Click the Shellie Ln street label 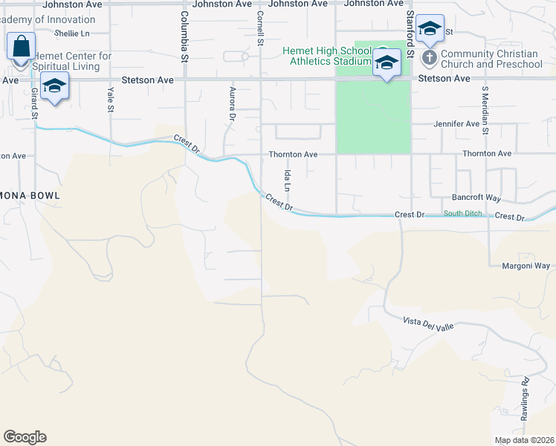pyautogui.click(x=72, y=33)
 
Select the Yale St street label pyautogui.click(x=111, y=100)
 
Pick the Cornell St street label pyautogui.click(x=260, y=28)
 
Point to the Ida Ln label pyautogui.click(x=287, y=178)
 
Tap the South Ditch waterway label pyautogui.click(x=463, y=214)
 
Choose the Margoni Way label pyautogui.click(x=526, y=265)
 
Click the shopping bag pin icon pyautogui.click(x=22, y=47)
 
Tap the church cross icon pyautogui.click(x=429, y=57)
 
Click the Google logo pyautogui.click(x=25, y=437)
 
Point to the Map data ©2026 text pyautogui.click(x=523, y=440)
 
